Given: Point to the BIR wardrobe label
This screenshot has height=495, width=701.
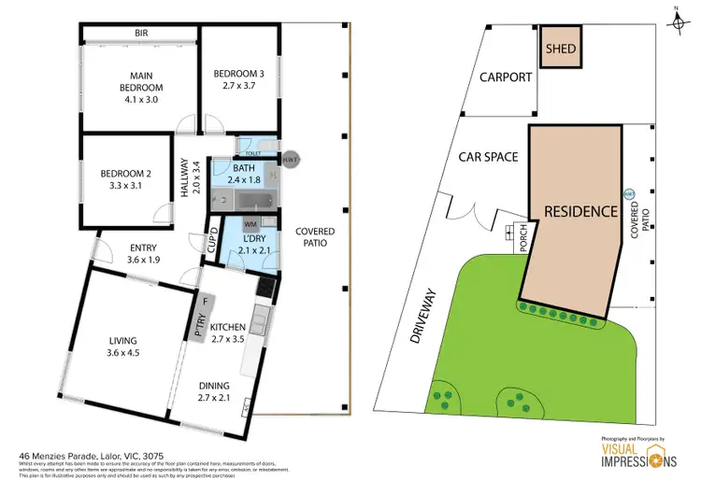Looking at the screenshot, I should pyautogui.click(x=141, y=34).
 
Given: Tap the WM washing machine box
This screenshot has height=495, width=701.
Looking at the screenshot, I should pyautogui.click(x=250, y=224).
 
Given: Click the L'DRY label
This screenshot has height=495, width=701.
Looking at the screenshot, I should pyautogui.click(x=249, y=245).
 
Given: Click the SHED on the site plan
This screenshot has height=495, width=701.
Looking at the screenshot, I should pyautogui.click(x=560, y=49).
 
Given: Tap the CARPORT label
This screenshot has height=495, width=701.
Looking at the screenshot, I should pyautogui.click(x=507, y=78).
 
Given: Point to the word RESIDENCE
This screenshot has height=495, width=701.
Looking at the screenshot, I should pyautogui.click(x=580, y=211).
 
